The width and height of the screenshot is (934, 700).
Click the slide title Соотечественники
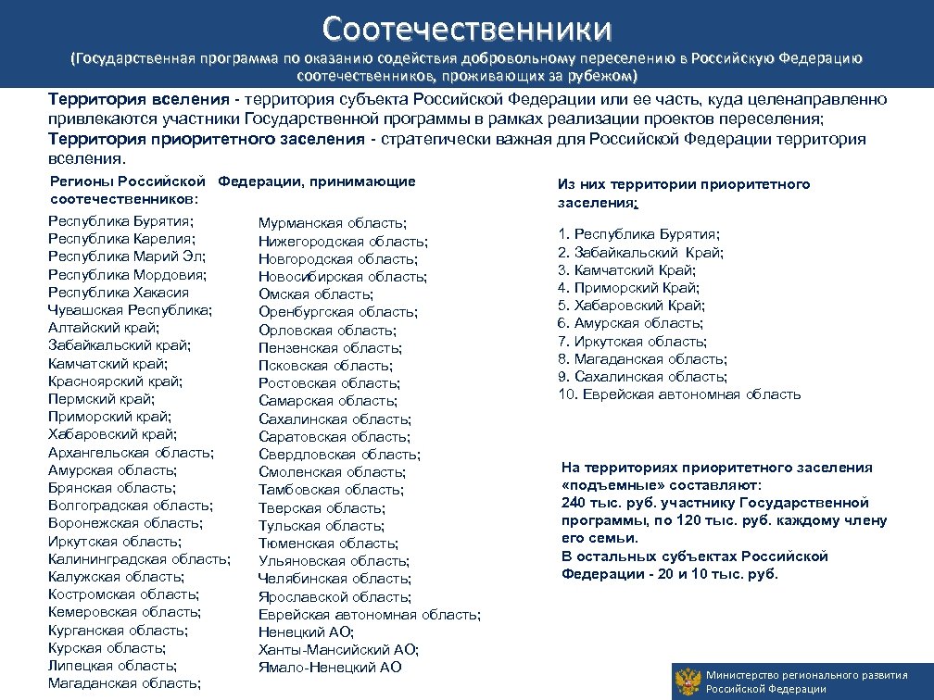pos(467,28)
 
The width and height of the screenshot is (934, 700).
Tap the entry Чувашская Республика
pos(131,309)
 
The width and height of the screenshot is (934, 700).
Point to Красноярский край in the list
pos(115,381)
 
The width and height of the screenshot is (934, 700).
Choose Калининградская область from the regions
pos(139,558)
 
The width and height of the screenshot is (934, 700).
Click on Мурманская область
pos(334,223)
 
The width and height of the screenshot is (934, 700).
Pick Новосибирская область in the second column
pos(343,276)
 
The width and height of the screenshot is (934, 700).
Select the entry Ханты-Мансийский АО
pos(338,649)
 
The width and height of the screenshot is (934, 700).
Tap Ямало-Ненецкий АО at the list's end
pos(330,667)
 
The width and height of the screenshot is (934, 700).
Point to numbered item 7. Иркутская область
pos(631,341)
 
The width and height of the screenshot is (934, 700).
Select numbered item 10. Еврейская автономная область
pos(679,394)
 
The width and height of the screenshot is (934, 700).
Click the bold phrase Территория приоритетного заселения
pos(207,139)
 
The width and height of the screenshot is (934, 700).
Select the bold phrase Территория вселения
pos(138,100)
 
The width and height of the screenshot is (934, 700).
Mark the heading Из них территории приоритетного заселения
pos(684,193)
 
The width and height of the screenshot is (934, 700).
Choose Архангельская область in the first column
pos(131,452)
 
